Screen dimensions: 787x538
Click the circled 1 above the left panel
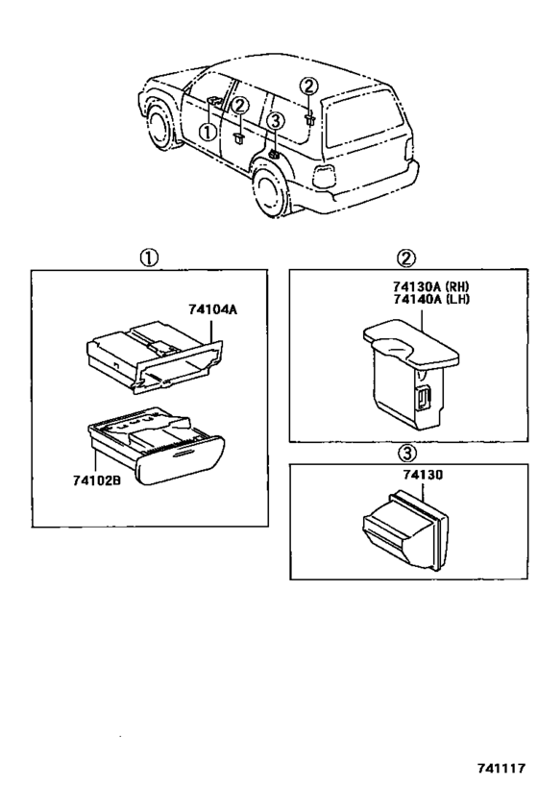pos(149,258)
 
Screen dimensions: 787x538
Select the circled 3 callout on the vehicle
pos(275,121)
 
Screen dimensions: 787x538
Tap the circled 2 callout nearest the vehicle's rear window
pos(307,87)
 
